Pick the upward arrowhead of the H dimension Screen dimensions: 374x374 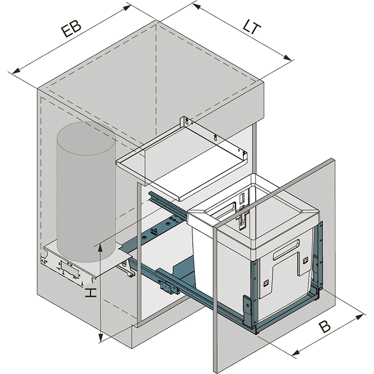pyautogui.click(x=101, y=247)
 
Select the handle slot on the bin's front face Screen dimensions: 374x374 pyautogui.click(x=285, y=248)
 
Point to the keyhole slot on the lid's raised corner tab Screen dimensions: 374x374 pyautogui.click(x=187, y=122)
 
